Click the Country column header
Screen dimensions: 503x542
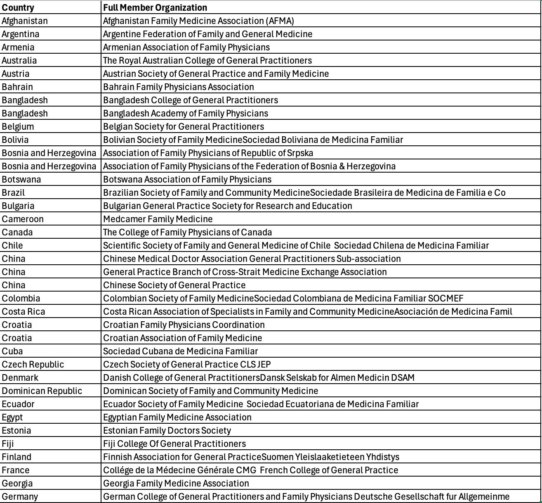click(18, 7)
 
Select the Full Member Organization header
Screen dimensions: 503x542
click(155, 7)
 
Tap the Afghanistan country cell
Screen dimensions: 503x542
click(25, 21)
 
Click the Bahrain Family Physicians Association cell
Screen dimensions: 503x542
click(178, 87)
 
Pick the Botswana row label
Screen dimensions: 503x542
click(21, 179)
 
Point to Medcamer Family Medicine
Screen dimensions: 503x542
click(158, 219)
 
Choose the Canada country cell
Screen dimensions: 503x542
click(17, 232)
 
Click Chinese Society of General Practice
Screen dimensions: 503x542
click(174, 285)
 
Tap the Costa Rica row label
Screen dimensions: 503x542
click(24, 311)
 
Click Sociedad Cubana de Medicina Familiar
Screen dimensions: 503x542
click(180, 351)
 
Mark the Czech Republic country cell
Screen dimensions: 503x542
click(33, 364)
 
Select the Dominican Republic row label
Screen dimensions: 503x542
click(42, 391)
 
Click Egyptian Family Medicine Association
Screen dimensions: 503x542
click(177, 417)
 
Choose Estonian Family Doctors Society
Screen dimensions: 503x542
click(167, 430)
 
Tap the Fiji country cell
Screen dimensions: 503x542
click(8, 444)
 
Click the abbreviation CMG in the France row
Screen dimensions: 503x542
click(246, 470)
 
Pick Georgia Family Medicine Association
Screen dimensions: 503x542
click(176, 483)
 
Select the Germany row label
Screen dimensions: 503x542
click(20, 496)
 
